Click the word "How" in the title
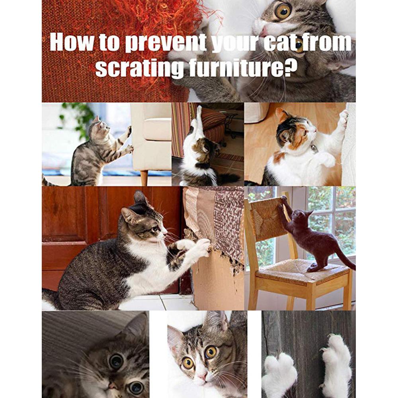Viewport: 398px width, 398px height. pyautogui.click(x=71, y=42)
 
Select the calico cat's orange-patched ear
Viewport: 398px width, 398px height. pyautogui.click(x=283, y=116)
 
